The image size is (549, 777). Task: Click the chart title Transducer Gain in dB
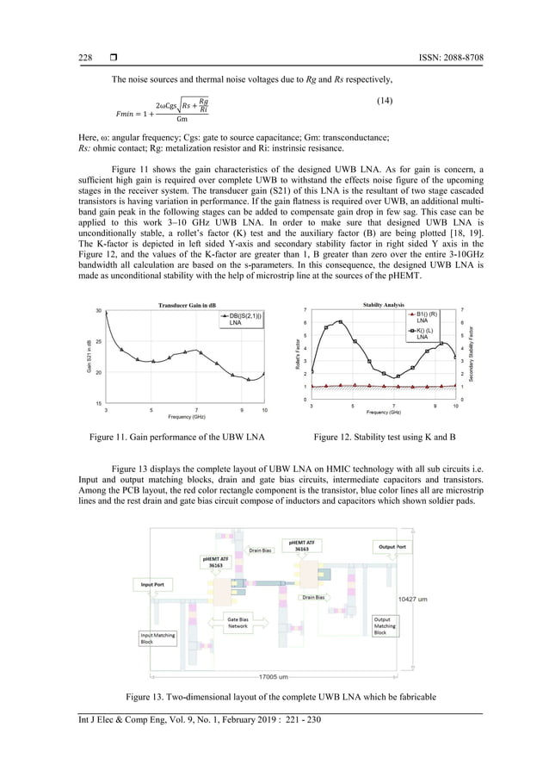[187, 304]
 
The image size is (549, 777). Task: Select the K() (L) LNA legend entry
[422, 333]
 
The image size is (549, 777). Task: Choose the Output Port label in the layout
[392, 546]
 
